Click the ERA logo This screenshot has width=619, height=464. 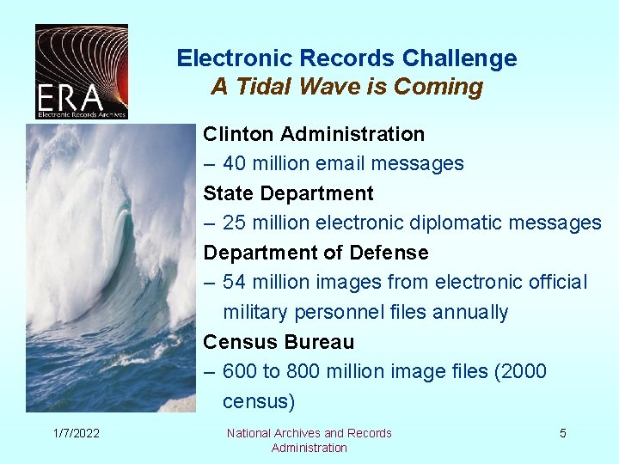(82, 71)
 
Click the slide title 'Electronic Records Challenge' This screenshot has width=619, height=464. (346, 58)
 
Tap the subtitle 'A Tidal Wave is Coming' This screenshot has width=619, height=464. (346, 87)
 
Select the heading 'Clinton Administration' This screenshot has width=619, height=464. (314, 134)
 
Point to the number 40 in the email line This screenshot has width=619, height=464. (235, 163)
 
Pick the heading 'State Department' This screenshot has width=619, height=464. (288, 193)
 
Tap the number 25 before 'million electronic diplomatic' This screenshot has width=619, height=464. (235, 223)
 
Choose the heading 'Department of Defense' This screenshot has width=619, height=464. (316, 253)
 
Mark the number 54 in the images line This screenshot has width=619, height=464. (235, 282)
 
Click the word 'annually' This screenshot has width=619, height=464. (471, 312)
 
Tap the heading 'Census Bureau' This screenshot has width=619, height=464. (279, 342)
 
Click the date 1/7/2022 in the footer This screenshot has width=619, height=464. (74, 433)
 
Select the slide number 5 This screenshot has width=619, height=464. (563, 433)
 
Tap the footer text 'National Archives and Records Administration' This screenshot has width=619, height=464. (309, 440)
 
